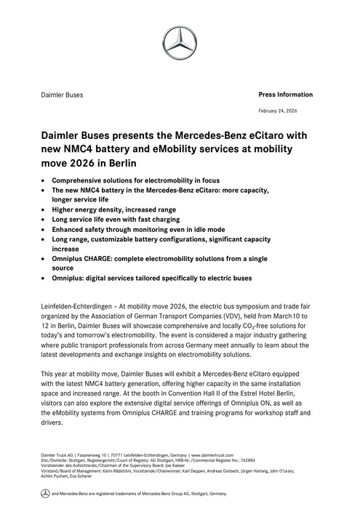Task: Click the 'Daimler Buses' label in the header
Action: pos(62,95)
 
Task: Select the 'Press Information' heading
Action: pos(286,95)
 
